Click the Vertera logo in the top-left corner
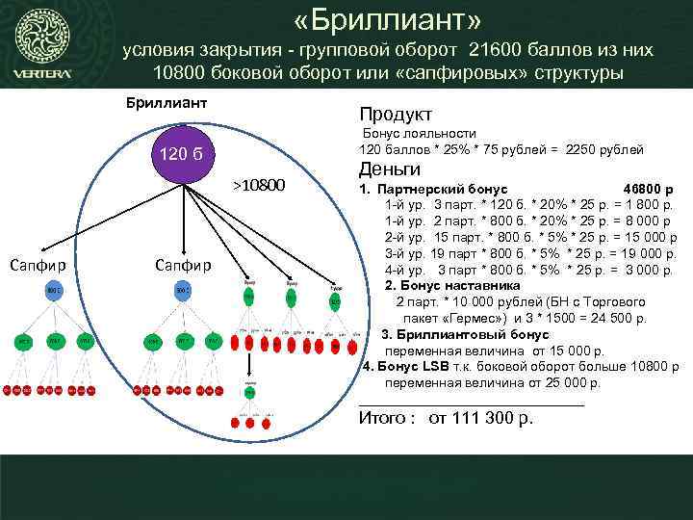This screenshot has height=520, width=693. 40,47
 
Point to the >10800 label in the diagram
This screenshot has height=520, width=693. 260,184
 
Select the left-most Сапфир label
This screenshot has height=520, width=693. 35,264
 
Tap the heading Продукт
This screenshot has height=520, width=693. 396,114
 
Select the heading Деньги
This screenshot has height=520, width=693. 391,169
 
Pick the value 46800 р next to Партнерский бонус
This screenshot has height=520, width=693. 648,189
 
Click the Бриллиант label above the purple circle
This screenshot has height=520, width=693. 167,102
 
